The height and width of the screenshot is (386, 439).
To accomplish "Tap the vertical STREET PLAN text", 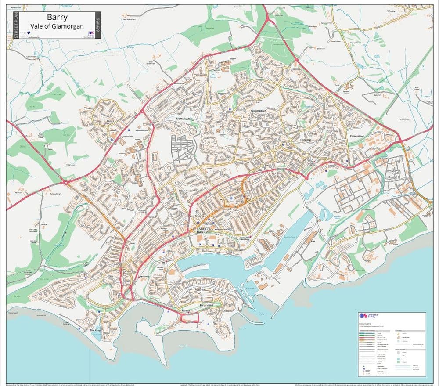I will coord(16,25).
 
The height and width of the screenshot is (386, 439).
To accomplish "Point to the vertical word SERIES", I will coord(97,25).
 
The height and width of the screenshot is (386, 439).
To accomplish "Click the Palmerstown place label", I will coord(358,137).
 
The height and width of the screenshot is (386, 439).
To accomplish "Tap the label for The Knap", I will coord(95,330).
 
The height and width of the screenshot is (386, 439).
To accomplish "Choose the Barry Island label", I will coord(206,305).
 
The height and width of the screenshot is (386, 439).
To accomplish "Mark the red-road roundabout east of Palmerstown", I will coord(400,140).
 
